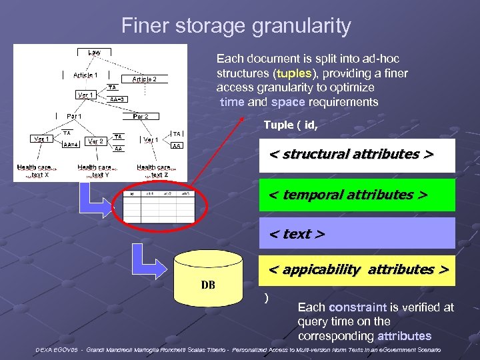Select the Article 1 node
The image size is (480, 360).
point(85,75)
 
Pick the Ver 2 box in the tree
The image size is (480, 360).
point(95,141)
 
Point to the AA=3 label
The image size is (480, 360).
point(117,99)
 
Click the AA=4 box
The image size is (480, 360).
point(71,144)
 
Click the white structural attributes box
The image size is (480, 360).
point(357,155)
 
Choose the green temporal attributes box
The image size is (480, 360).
point(357,195)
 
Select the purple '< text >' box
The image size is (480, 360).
point(357,233)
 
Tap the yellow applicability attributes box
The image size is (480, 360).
point(357,270)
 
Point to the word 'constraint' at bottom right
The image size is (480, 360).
point(357,307)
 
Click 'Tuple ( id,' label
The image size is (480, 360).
point(291,125)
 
